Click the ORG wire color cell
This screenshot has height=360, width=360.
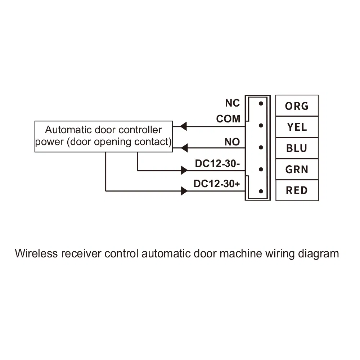[297, 105]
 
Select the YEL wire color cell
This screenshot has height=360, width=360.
[297, 127]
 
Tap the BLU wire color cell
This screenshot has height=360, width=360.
[297, 148]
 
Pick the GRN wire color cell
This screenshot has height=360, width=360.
[297, 169]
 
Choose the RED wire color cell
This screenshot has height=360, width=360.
[297, 190]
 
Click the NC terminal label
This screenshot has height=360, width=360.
[232, 103]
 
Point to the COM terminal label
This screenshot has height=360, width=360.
[228, 119]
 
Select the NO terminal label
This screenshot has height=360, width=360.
[232, 142]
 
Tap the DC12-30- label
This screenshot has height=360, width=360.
[217, 163]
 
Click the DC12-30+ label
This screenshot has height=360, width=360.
[217, 184]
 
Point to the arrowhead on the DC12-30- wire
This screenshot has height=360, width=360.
[184, 170]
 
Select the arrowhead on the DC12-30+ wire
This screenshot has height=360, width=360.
[184, 191]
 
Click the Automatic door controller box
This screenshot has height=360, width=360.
[104, 136]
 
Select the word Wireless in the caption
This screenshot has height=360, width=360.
[36, 253]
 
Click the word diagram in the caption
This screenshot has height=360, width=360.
[319, 253]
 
